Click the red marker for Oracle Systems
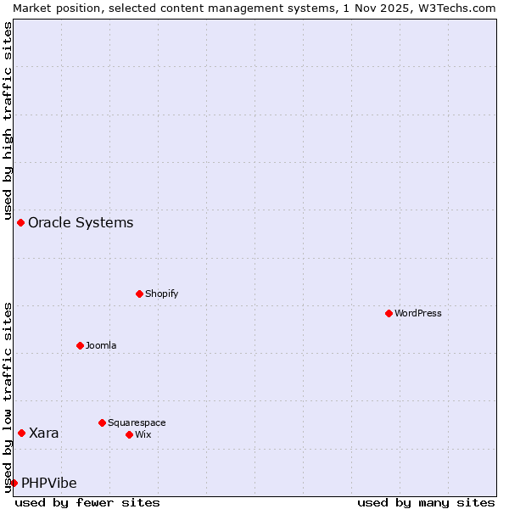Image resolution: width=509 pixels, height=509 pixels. tap(20, 222)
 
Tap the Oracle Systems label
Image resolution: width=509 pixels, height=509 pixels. tap(81, 223)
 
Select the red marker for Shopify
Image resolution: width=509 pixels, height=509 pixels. tap(139, 294)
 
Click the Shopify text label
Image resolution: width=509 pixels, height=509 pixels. tap(161, 294)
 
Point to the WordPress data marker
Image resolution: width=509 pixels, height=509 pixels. tap(389, 313)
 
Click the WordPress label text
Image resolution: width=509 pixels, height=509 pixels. tap(417, 313)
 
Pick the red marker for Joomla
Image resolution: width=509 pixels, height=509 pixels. tap(80, 345)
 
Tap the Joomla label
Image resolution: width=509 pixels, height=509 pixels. tap(101, 345)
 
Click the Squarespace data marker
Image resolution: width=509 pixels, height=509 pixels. tap(102, 422)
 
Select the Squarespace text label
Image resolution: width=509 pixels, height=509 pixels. tap(137, 422)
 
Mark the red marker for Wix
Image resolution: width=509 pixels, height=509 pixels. tap(129, 434)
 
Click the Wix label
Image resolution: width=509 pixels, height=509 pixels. tap(143, 434)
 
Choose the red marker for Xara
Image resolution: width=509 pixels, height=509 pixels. tap(21, 433)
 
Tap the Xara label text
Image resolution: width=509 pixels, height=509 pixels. tap(44, 433)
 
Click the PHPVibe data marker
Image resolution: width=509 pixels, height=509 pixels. tap(14, 483)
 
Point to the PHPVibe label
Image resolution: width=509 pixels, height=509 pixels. tap(49, 484)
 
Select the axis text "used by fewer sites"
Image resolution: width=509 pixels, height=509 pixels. tap(87, 502)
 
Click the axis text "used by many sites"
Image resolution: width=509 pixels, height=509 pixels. tap(426, 502)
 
